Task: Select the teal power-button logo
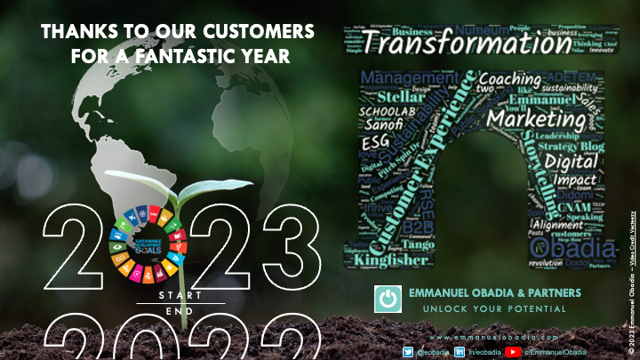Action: pos(388,299)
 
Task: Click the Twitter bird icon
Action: pos(408,352)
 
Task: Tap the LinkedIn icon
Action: pos(460,352)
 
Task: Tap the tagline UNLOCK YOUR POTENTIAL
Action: pos(493,309)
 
